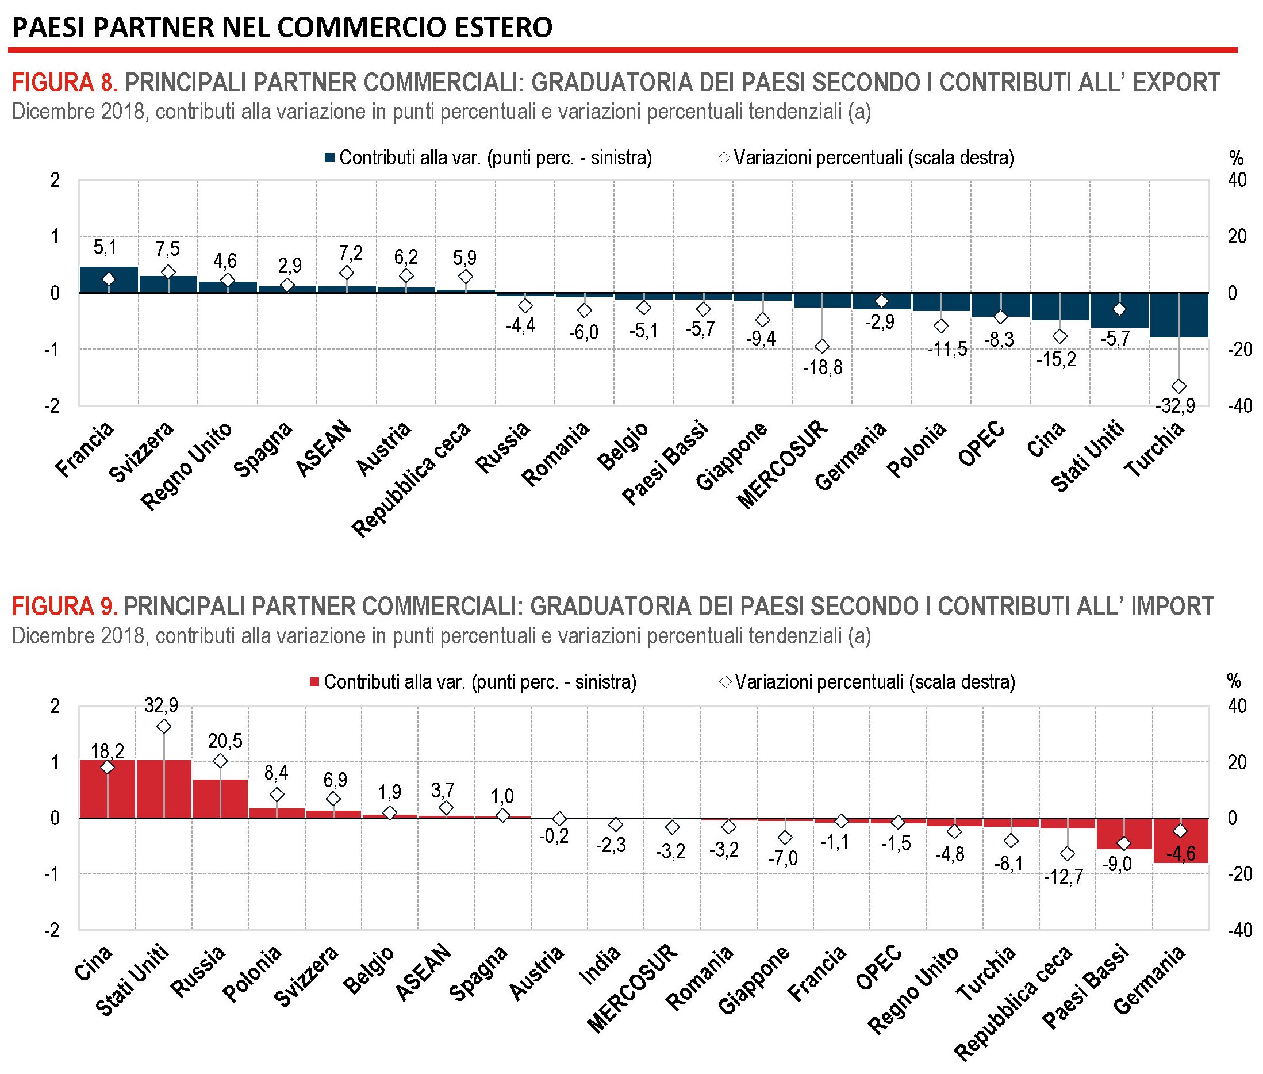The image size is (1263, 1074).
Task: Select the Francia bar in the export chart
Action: [x=109, y=280]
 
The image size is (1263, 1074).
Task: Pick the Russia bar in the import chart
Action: [x=220, y=798]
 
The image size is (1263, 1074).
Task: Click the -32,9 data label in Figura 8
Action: [x=1174, y=405]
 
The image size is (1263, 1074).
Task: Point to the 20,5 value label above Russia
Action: [x=225, y=741]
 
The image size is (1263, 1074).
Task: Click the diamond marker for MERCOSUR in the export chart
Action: [x=822, y=346]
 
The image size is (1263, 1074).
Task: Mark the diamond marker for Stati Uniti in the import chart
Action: [x=164, y=726]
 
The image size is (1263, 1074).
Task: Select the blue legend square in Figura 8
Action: [x=330, y=158]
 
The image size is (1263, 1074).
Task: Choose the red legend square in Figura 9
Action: [x=314, y=682]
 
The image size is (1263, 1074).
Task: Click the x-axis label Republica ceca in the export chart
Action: [x=413, y=478]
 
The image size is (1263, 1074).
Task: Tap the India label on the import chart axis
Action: [x=600, y=964]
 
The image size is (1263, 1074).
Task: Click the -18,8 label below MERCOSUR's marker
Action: [x=822, y=367]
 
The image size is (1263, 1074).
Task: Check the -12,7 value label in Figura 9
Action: [x=1063, y=876]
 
